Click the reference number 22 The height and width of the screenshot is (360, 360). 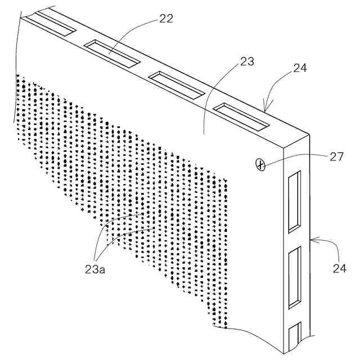tap(165, 18)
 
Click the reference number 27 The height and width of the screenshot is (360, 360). tap(337, 157)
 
